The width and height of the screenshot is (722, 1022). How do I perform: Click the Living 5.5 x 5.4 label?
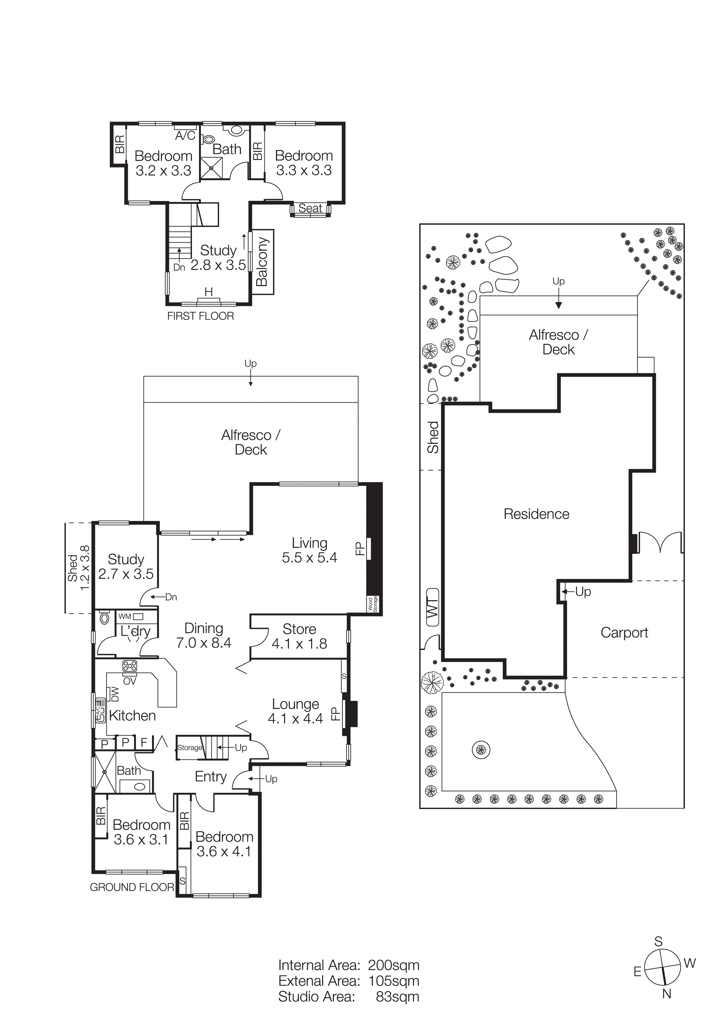coord(309,550)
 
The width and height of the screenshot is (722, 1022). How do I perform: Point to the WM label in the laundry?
coord(125,616)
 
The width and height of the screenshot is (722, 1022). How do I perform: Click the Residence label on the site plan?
coord(536,514)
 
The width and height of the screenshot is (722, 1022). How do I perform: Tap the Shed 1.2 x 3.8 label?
coord(78,568)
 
